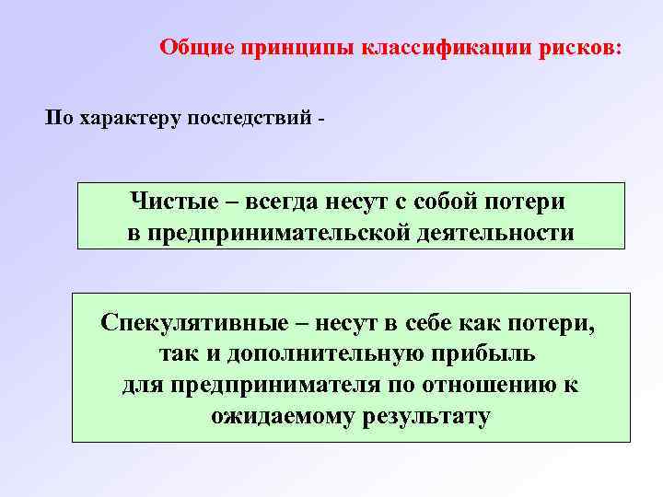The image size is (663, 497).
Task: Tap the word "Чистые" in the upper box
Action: coord(170,201)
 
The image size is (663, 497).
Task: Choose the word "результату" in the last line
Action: coord(423,416)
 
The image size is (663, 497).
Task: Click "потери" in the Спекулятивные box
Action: coord(555,324)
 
